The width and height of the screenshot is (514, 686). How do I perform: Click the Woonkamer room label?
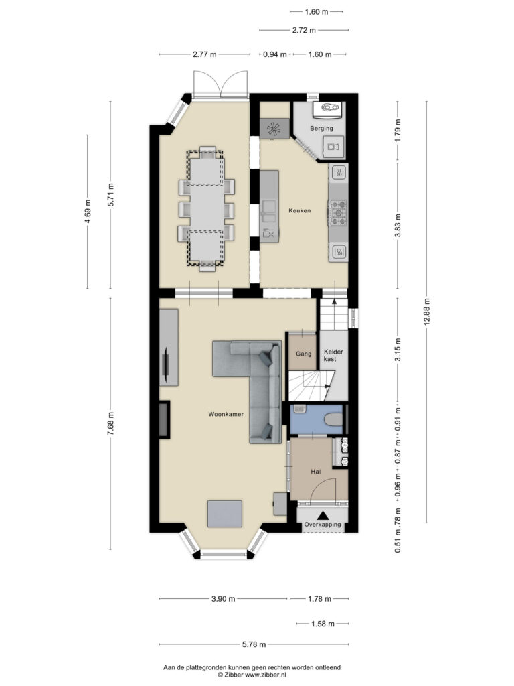pyautogui.click(x=226, y=414)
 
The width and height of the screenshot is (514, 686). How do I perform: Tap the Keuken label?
pyautogui.click(x=299, y=210)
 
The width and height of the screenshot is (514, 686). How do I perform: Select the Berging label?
pyautogui.click(x=321, y=128)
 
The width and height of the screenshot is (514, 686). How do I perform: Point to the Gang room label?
pyautogui.click(x=303, y=354)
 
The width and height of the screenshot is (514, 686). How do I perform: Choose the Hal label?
pyautogui.click(x=316, y=472)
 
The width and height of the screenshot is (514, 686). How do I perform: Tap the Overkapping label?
pyautogui.click(x=323, y=524)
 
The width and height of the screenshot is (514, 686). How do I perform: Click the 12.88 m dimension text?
pyautogui.click(x=426, y=311)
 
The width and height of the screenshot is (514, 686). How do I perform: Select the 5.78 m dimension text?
pyautogui.click(x=254, y=644)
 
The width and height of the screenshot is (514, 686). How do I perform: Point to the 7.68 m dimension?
pyautogui.click(x=110, y=423)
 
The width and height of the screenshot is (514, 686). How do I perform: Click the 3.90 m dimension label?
pyautogui.click(x=224, y=598)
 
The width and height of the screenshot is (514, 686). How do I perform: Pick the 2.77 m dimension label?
pyautogui.click(x=205, y=55)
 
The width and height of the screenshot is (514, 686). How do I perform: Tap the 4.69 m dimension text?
pyautogui.click(x=88, y=212)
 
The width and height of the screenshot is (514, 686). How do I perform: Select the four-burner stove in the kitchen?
pyautogui.click(x=337, y=213)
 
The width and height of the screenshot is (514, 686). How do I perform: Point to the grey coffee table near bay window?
pyautogui.click(x=225, y=514)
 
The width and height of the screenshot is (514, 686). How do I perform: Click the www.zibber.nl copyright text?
pyautogui.click(x=252, y=675)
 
